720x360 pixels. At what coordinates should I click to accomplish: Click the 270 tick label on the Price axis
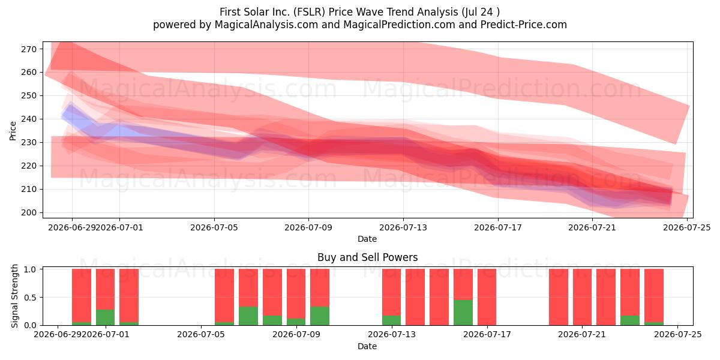click(29, 49)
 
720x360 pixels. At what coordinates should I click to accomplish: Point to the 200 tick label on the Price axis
click(29, 212)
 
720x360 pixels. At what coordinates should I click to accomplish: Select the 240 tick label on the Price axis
click(29, 119)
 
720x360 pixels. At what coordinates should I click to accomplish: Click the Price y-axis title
click(13, 131)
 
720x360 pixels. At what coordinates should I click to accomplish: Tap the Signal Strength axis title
click(14, 296)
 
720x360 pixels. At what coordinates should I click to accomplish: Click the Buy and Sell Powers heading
click(367, 257)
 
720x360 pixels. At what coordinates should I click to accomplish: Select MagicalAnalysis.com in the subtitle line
click(266, 25)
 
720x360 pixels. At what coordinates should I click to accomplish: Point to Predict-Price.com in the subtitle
click(524, 25)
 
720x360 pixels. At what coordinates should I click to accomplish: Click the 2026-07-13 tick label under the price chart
click(403, 227)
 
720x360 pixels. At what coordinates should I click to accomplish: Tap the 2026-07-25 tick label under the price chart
click(687, 227)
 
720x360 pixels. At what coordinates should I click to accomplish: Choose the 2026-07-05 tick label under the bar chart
click(201, 334)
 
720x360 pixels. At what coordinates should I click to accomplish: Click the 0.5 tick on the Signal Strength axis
click(31, 298)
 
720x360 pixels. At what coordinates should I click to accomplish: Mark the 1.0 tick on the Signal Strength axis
click(31, 269)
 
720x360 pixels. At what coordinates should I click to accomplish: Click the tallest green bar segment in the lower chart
click(463, 313)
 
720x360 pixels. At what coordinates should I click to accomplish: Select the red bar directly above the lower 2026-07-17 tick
click(487, 297)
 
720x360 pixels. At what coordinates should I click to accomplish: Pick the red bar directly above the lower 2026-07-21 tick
click(582, 297)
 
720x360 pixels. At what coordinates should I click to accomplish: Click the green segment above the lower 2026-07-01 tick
click(105, 317)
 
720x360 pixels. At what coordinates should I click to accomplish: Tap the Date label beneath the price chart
click(367, 239)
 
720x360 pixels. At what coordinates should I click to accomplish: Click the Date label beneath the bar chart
click(367, 346)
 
